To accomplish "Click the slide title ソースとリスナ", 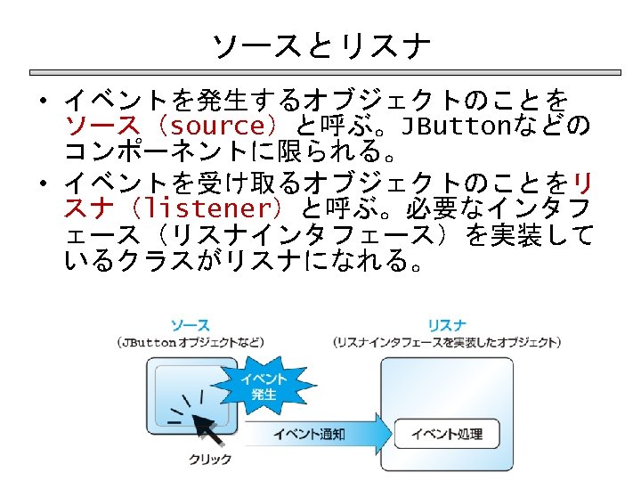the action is [x=321, y=44].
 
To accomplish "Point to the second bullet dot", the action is [x=42, y=183].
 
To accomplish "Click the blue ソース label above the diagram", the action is [x=190, y=325].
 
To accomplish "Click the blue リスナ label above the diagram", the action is [x=446, y=325].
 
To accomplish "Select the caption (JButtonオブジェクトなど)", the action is [x=190, y=342].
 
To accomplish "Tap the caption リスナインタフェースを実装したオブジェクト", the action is [x=446, y=342].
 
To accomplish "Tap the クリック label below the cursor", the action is [x=210, y=459].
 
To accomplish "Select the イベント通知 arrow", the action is [x=312, y=434].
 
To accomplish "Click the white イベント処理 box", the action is [x=446, y=434].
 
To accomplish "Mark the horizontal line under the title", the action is [x=320, y=72].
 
